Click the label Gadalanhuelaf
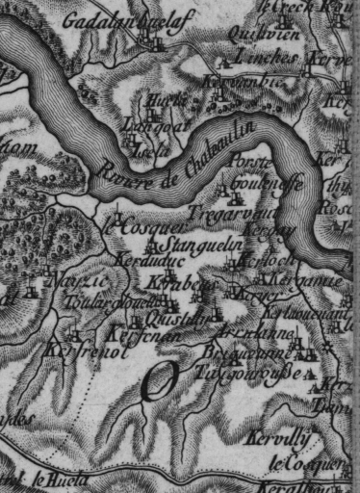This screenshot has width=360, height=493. coord(109,20)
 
